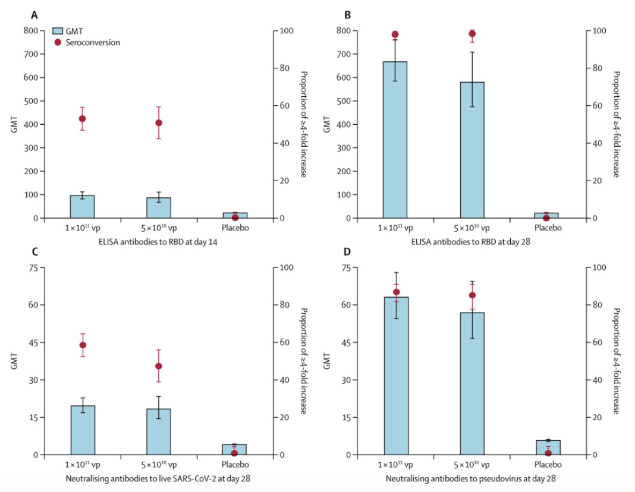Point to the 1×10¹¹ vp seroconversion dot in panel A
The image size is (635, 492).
[82, 119]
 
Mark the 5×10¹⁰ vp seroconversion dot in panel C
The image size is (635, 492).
[159, 366]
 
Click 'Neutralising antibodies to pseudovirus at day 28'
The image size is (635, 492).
[471, 478]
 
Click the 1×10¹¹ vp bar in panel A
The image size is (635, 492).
[82, 206]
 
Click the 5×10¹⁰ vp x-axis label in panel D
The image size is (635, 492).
[472, 465]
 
